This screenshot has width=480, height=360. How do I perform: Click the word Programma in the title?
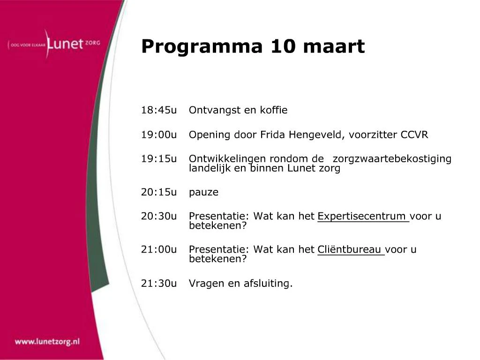202,47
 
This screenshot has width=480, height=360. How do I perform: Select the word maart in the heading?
334,46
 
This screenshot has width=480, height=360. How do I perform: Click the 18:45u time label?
159,110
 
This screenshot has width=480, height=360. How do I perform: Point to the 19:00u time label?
159,135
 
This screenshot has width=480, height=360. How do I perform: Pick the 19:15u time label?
159,158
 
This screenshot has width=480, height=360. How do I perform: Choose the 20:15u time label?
159,192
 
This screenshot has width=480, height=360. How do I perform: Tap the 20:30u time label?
159,216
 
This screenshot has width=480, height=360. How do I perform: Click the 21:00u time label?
159,249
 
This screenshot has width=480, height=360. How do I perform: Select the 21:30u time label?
159,283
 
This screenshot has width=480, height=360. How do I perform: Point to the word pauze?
203,193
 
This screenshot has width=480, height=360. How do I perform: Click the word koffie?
274,110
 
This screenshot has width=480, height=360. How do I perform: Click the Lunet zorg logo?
54,44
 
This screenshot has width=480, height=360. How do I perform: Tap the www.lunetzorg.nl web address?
47,342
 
